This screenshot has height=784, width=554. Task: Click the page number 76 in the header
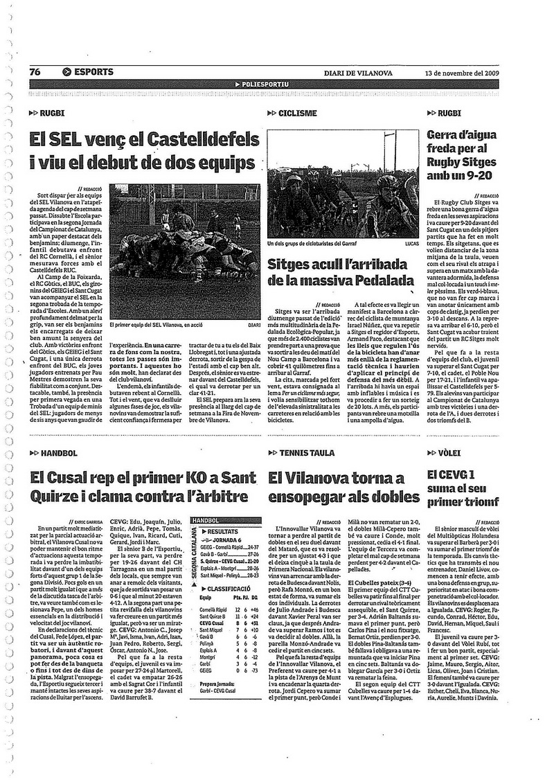pyautogui.click(x=35, y=72)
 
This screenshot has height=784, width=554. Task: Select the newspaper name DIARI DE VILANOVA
pyautogui.click(x=357, y=73)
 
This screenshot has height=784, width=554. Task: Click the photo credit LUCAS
pyautogui.click(x=411, y=244)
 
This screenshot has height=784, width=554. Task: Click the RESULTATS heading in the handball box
pyautogui.click(x=223, y=528)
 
